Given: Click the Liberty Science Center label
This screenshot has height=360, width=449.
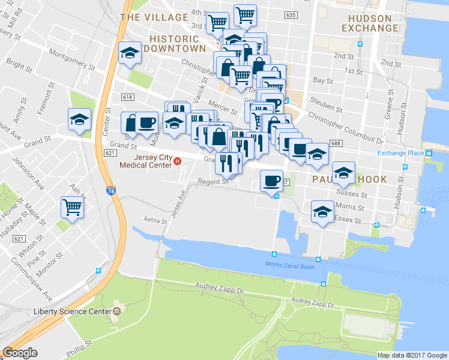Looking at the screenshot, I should (73, 311).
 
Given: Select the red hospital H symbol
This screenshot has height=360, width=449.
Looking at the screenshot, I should (177, 161).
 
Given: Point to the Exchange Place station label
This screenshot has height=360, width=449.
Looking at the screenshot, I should (400, 152).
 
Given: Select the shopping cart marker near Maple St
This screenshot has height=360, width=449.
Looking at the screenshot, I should (72, 208).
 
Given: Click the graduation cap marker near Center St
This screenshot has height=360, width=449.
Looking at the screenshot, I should (79, 119).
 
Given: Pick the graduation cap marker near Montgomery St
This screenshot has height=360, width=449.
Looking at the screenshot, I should (130, 53).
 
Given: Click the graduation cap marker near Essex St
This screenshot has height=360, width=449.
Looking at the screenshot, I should (322, 212).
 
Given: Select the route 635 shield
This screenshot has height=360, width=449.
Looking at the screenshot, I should (292, 15).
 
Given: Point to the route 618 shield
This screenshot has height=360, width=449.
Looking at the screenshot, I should (127, 97).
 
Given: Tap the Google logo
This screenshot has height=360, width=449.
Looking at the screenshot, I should (20, 353).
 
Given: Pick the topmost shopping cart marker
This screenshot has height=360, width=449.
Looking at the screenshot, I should (245, 15).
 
